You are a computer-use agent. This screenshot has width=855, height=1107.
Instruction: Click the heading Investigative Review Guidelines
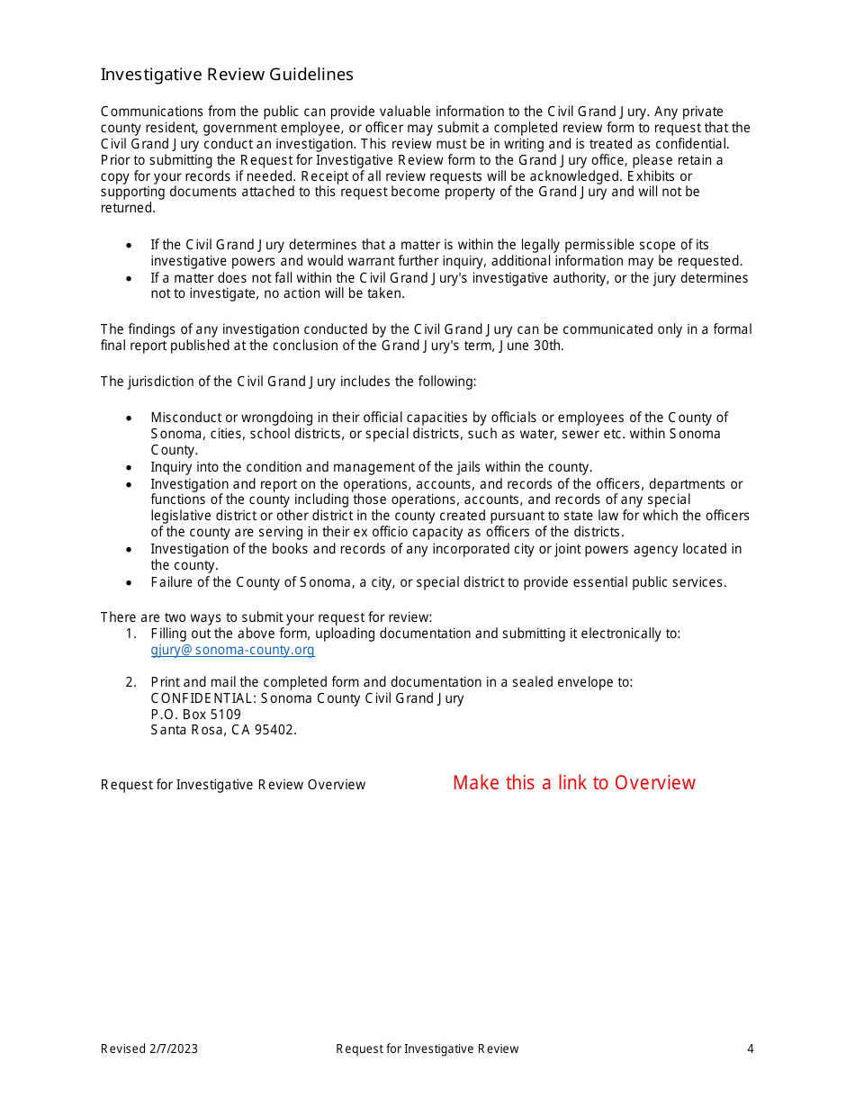point(227,75)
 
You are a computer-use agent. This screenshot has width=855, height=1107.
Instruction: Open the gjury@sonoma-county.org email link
point(232,650)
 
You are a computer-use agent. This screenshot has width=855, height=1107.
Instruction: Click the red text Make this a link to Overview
point(573,783)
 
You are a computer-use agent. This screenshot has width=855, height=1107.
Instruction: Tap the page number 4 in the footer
point(750,1048)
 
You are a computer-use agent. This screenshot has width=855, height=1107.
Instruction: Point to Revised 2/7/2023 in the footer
point(149,1048)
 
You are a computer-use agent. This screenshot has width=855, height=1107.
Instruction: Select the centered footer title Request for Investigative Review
point(427,1048)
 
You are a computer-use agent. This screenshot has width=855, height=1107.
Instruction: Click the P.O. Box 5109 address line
point(195,715)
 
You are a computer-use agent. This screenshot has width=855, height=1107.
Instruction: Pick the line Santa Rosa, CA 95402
point(223,730)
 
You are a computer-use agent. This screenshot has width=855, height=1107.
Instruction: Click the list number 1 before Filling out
point(131,634)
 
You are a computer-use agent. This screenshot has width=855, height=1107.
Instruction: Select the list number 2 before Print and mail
point(131,682)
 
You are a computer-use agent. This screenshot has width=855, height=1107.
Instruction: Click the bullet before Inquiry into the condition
point(130,468)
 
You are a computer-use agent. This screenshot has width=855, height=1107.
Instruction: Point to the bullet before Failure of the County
point(130,583)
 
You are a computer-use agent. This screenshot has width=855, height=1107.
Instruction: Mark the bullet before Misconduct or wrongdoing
point(130,418)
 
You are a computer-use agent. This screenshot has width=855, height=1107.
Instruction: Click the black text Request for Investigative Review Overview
point(233,785)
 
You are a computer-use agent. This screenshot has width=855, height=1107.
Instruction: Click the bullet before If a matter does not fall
point(130,279)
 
